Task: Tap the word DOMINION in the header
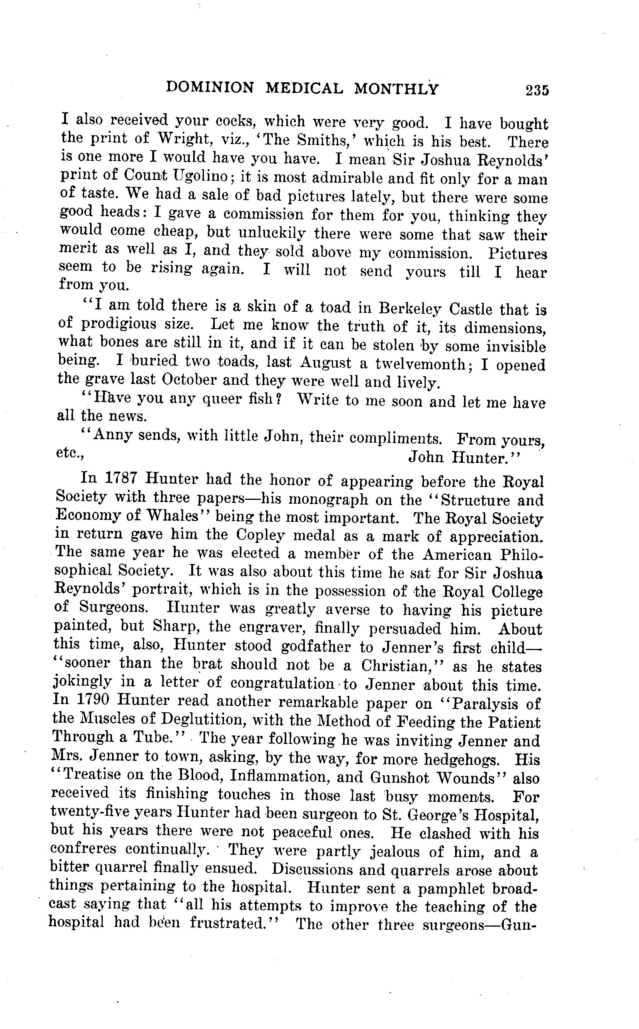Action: [x=210, y=87]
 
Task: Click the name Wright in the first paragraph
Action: [x=184, y=139]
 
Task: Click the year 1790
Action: [x=92, y=700]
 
